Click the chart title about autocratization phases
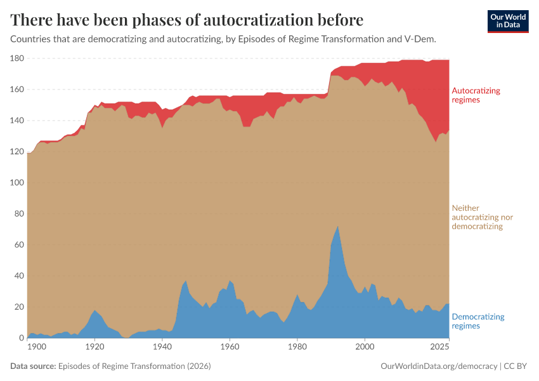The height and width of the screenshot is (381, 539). coord(187,20)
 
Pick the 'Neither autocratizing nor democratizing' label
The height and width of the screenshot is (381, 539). coord(482,217)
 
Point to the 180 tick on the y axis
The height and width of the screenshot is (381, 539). coord(16,58)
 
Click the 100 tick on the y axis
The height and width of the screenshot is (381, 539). coord(16,183)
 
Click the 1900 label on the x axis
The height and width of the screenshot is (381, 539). coord(37,347)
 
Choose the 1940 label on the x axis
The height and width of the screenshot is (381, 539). coord(162,347)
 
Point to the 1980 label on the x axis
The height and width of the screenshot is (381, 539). coord(297,347)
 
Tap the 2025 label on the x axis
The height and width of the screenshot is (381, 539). coord(439,347)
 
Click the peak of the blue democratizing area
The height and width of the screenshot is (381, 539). coord(338,227)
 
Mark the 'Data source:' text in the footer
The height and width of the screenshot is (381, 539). coord(33,366)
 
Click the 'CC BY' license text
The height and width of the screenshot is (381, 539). coord(516,366)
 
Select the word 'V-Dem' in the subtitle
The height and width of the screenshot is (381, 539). coord(420,39)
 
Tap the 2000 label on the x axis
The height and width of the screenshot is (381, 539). coord(364,347)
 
